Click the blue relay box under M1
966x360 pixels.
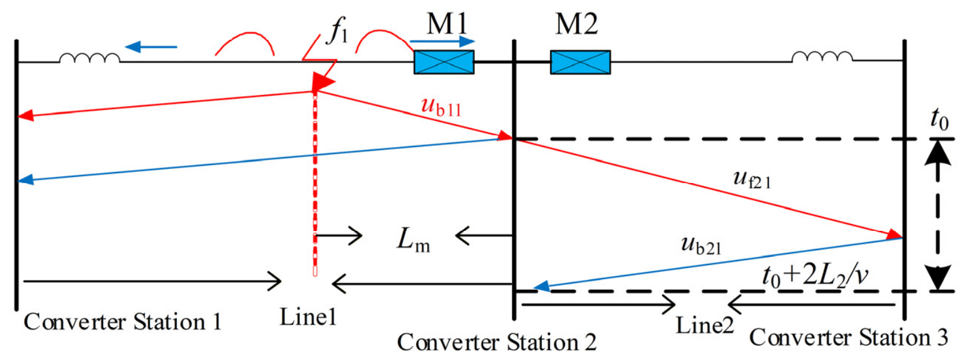[x=444, y=62]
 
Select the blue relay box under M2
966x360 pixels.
[x=580, y=62]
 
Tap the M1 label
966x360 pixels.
[x=447, y=24]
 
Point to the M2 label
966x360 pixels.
[x=577, y=24]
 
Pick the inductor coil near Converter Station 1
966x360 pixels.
[x=89, y=58]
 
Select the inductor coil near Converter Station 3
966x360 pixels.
[x=822, y=57]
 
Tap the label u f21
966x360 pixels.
[x=752, y=179]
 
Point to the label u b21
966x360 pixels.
[x=701, y=245]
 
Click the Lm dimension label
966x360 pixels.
[x=413, y=240]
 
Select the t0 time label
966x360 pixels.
[x=940, y=119]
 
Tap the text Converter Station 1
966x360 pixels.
[x=122, y=322]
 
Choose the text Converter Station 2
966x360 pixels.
[x=497, y=343]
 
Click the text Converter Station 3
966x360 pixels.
[x=849, y=337]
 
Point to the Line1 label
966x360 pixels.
[x=308, y=317]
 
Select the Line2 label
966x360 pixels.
[x=705, y=325]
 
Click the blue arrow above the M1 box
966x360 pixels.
[x=443, y=42]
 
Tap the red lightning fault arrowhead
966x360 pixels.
[x=322, y=81]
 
